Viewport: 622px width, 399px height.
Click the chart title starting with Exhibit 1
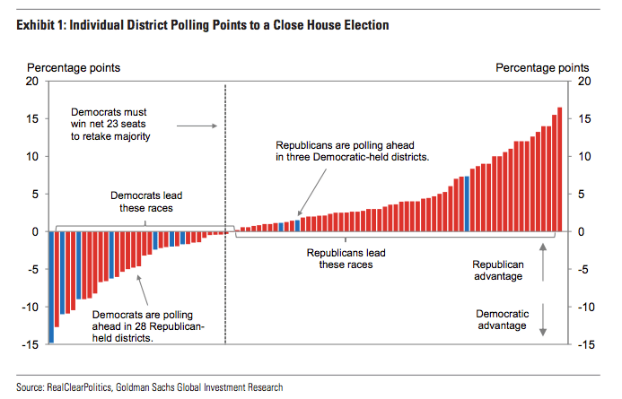coord(202,25)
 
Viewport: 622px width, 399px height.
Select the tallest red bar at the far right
coord(560,170)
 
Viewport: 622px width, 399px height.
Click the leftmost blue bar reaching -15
coord(51,287)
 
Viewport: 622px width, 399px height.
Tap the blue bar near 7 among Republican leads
coord(467,204)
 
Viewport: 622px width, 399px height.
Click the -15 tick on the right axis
coord(583,344)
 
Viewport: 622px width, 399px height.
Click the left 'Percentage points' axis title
coord(74,67)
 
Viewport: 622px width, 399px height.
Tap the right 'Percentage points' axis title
coord(542,67)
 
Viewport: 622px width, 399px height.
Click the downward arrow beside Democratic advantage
coord(546,324)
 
